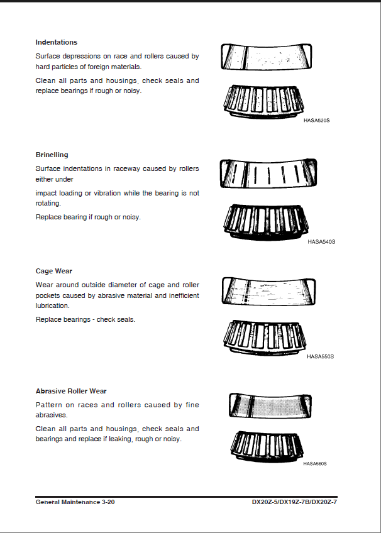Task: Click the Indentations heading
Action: click(x=57, y=42)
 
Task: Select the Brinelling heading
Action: click(x=52, y=155)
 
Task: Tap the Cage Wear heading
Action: click(x=54, y=272)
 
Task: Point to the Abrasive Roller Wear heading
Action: click(x=71, y=391)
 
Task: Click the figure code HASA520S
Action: click(x=316, y=120)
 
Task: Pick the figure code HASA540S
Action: click(x=321, y=241)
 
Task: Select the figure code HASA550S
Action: click(x=320, y=356)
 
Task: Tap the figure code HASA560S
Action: click(x=314, y=464)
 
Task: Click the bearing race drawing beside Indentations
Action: click(x=267, y=57)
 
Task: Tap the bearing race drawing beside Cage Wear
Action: click(x=268, y=291)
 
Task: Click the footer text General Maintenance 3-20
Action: click(x=75, y=502)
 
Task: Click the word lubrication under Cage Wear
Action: click(x=52, y=305)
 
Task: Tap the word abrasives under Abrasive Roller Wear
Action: click(x=51, y=415)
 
